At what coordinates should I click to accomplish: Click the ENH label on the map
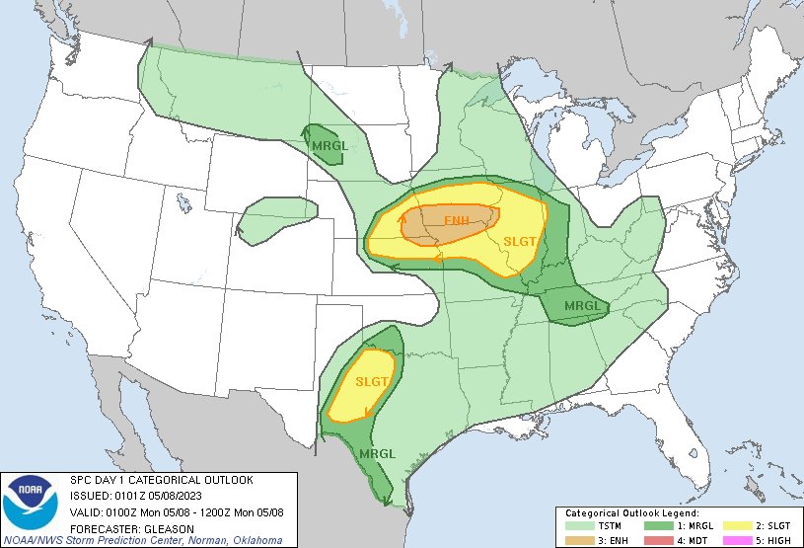pyautogui.click(x=457, y=220)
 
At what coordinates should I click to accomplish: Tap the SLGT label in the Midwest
pyautogui.click(x=519, y=242)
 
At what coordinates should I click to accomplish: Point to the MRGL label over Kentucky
pyautogui.click(x=581, y=306)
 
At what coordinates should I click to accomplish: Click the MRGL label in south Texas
pyautogui.click(x=378, y=453)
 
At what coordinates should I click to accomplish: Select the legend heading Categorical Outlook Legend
pyautogui.click(x=631, y=514)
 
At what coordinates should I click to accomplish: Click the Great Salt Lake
pyautogui.click(x=184, y=202)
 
